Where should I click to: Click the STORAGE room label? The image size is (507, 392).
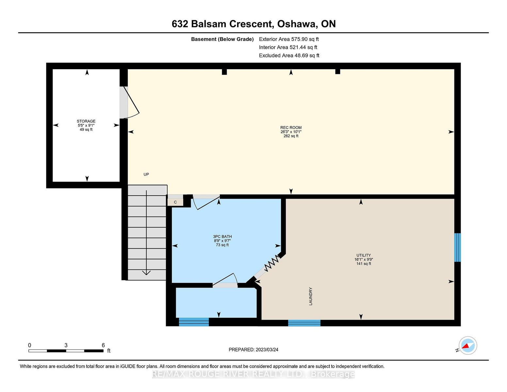click(x=86, y=121)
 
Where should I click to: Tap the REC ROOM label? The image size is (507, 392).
click(x=291, y=127)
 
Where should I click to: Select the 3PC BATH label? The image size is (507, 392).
click(x=222, y=237)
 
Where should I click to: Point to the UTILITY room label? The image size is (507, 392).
click(x=364, y=255)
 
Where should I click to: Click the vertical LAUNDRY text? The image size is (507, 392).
click(x=311, y=296)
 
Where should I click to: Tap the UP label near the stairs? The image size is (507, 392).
click(x=146, y=174)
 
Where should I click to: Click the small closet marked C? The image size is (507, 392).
click(x=175, y=202)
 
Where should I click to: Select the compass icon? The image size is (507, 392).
click(x=468, y=346)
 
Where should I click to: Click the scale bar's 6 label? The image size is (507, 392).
click(x=103, y=345)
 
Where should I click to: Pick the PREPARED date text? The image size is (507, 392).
click(x=253, y=350)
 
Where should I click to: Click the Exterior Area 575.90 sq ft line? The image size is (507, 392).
click(x=289, y=39)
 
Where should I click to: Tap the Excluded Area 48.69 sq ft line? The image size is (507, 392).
click(x=289, y=56)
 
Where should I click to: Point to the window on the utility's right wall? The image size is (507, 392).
click(x=458, y=247)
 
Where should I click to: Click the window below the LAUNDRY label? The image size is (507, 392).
click(x=304, y=323)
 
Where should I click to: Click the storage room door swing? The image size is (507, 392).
click(x=129, y=102)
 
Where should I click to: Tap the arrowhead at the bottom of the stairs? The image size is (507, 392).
click(x=146, y=273)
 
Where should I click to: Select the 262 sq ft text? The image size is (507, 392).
click(x=291, y=136)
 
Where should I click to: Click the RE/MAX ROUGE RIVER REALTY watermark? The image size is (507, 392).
click(x=253, y=374)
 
